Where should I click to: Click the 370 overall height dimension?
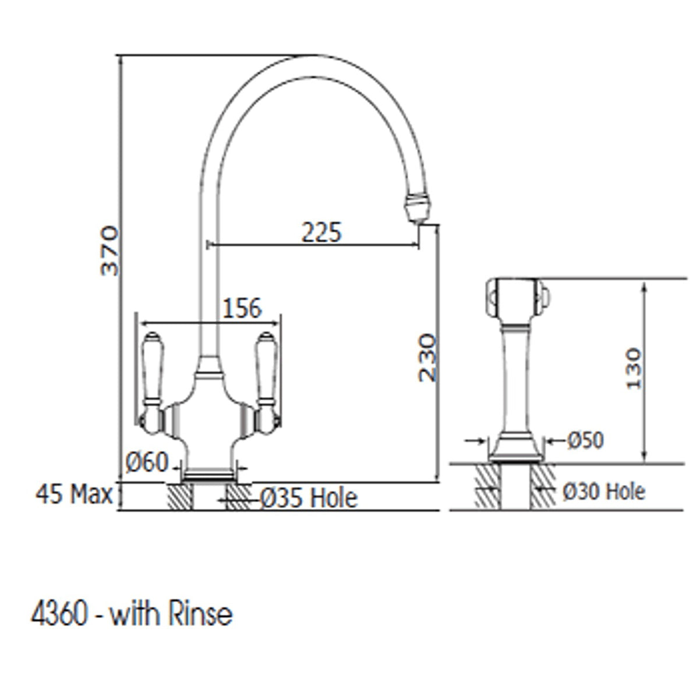[110, 250]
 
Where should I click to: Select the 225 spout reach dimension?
[322, 232]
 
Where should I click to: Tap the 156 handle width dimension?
[242, 308]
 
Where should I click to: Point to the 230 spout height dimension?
[428, 358]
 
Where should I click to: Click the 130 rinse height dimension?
[634, 369]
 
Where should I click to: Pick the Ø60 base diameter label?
[147, 463]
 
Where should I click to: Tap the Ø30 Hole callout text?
[604, 492]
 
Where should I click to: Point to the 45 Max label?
[74, 494]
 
